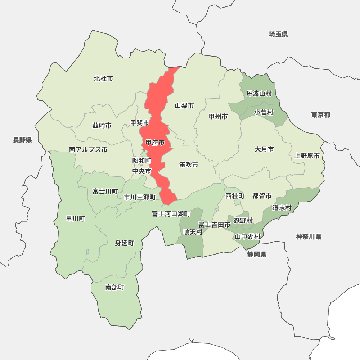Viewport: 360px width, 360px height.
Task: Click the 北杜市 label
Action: tap(104, 78)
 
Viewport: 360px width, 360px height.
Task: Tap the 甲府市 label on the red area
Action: tap(155, 143)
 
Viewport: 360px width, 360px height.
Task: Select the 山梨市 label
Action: tap(184, 106)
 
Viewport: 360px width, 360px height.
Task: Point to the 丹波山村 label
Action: tap(259, 94)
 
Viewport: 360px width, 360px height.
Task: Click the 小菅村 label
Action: tap(264, 113)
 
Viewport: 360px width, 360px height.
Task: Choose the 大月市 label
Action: tap(264, 149)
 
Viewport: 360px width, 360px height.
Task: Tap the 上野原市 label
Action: tap(307, 156)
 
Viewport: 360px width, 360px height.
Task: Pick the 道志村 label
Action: tap(282, 208)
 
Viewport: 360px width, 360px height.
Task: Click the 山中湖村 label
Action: tap(247, 237)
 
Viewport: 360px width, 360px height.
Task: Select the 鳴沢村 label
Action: tap(193, 232)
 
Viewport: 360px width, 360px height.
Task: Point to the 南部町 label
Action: tap(115, 287)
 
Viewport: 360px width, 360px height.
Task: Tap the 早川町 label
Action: tap(76, 219)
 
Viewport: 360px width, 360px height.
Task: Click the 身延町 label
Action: tap(125, 243)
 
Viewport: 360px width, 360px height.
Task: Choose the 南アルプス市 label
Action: tap(88, 149)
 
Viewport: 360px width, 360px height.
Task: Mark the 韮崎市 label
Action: tap(102, 125)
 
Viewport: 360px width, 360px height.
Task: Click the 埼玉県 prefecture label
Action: tap(278, 35)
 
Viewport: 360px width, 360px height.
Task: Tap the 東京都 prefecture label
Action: tap(321, 115)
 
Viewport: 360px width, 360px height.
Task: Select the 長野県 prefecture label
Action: tap(23, 140)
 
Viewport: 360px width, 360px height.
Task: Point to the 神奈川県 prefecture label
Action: tap(309, 237)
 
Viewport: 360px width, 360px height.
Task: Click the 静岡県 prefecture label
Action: tap(257, 255)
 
